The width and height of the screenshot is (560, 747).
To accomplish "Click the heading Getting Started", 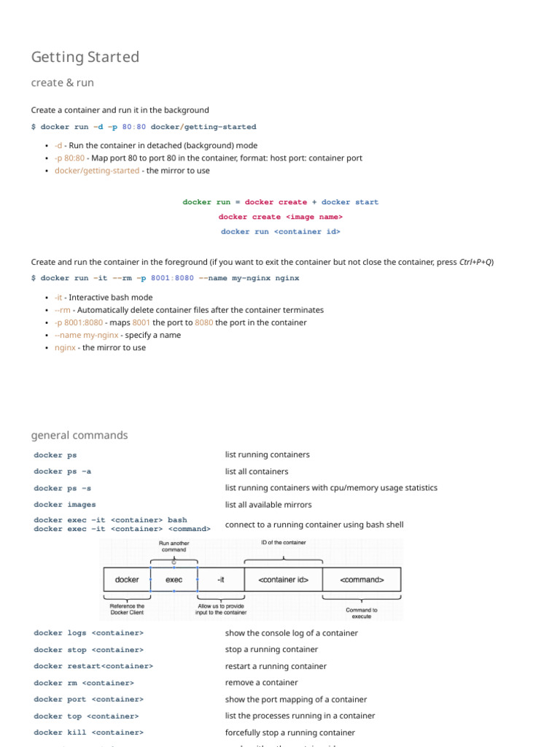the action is click(85, 57).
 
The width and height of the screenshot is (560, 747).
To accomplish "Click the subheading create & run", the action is click(63, 82).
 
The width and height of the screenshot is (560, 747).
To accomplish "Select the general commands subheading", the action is click(79, 436).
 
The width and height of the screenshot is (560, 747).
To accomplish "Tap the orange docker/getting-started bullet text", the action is click(97, 171).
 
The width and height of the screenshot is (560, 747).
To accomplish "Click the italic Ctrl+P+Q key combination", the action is click(476, 262).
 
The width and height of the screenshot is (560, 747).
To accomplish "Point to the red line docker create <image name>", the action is click(281, 217).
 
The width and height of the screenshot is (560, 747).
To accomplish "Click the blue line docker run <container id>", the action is click(281, 231).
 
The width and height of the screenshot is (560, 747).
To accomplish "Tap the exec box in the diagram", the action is click(174, 580).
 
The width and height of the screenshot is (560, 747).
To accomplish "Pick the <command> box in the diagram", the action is click(362, 580).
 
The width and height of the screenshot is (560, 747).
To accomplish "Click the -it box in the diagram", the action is click(221, 580).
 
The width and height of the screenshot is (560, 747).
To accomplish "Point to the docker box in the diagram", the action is click(127, 580).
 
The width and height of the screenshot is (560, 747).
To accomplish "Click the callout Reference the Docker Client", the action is click(127, 609).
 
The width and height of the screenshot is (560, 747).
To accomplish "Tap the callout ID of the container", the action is click(284, 543).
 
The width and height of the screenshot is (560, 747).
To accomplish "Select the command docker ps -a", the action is click(63, 471).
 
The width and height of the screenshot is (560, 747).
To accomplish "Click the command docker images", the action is click(65, 504).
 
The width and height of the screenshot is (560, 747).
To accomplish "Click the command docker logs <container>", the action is click(89, 633).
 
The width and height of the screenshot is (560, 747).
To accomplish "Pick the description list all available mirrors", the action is click(268, 504).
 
